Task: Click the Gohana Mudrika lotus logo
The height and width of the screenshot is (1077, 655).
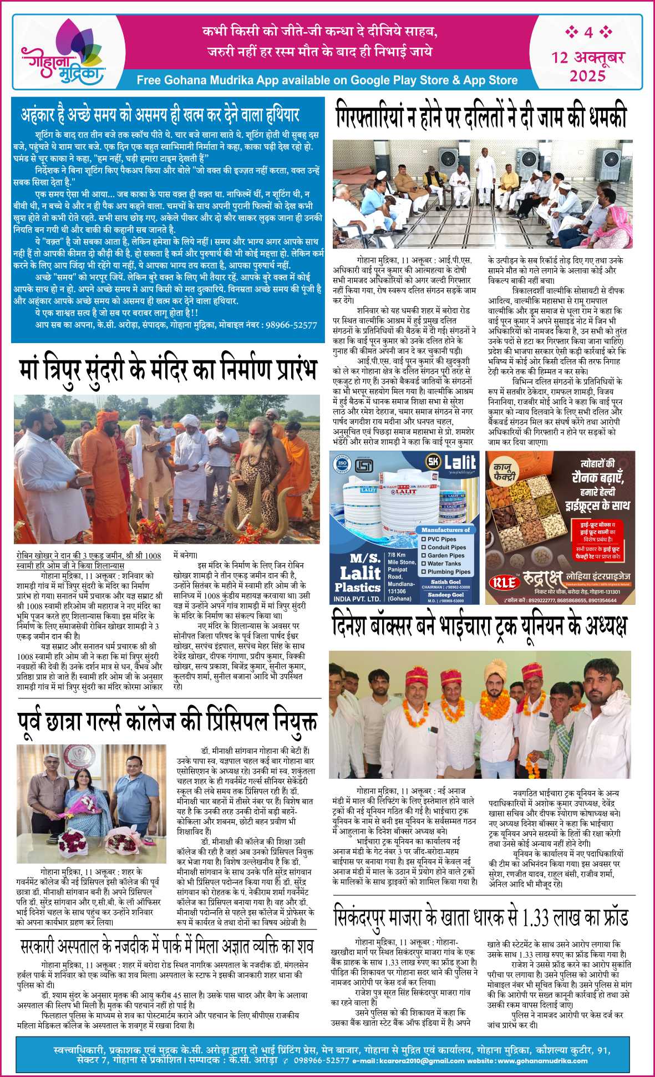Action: coord(63,53)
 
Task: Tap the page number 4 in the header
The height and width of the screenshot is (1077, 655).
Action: coord(588,32)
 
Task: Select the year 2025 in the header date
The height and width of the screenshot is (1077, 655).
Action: coord(588,75)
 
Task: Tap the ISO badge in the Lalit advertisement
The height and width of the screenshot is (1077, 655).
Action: coord(342,465)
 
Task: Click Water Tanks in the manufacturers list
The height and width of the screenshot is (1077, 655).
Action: coord(444,563)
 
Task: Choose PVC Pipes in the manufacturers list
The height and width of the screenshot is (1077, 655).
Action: coord(441,539)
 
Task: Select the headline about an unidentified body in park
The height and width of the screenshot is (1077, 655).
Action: coord(167,946)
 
